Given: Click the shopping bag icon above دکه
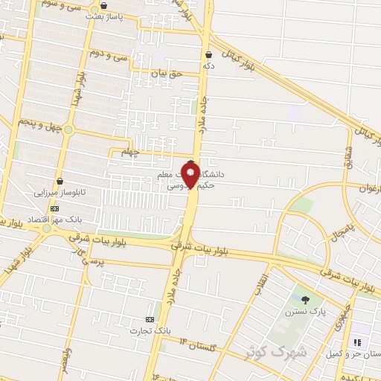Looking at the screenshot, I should coord(208,54).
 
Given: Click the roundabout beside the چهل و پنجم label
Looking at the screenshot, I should coord(68,130).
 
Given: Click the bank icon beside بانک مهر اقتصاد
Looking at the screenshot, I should coord(54,209).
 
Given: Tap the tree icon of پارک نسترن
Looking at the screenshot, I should coord(306,299).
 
